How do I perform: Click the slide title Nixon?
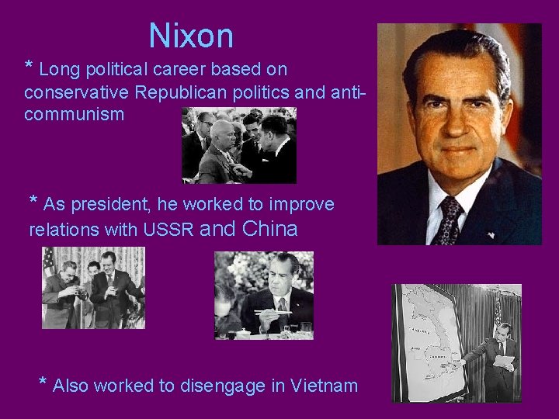click(x=191, y=36)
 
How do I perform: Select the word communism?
click(x=74, y=115)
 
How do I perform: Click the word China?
click(x=270, y=229)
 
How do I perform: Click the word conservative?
click(x=77, y=92)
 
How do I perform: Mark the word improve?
click(x=304, y=205)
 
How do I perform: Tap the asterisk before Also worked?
click(x=43, y=383)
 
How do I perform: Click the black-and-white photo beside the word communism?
click(x=239, y=144)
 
